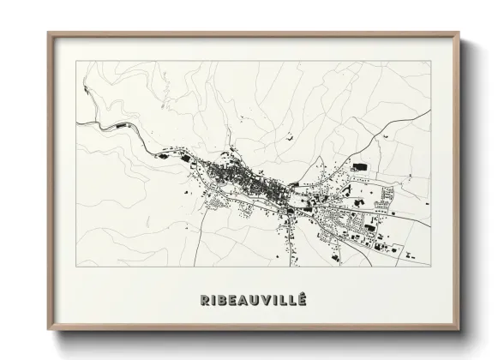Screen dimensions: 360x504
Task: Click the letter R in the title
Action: [x=204, y=299]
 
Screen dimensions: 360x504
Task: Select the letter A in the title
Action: [x=245, y=299]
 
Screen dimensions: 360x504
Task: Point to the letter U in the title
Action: [x=257, y=299]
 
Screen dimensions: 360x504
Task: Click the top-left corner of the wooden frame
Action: [x=47, y=33]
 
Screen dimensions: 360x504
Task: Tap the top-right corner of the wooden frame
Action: [x=460, y=33]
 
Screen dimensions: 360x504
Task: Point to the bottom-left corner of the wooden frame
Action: [x=47, y=331]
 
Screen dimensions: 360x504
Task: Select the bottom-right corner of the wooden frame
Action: [x=460, y=331]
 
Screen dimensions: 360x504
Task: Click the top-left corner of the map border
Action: [x=76, y=61]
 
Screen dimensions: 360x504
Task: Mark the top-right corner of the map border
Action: [x=430, y=61]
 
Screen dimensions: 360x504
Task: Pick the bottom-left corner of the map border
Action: [x=76, y=267]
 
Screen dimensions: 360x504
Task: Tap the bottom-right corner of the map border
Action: [x=430, y=267]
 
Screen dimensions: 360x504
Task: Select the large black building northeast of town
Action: [x=358, y=165]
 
